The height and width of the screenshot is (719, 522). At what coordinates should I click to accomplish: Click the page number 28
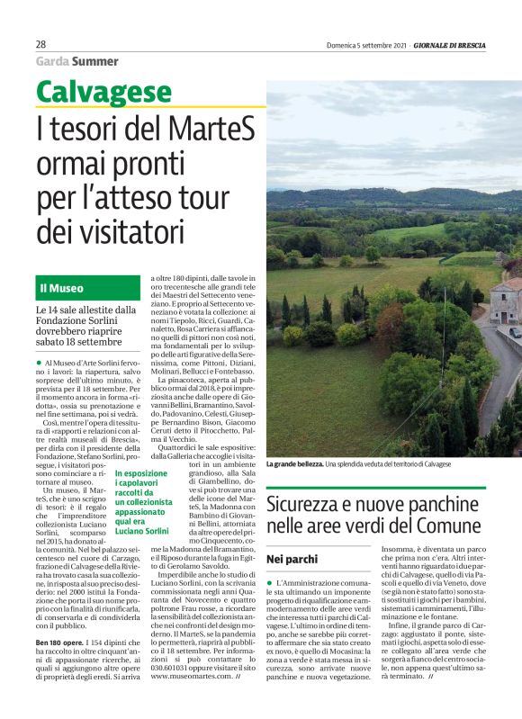point(41,44)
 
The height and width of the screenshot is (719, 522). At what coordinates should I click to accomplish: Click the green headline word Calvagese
point(104,92)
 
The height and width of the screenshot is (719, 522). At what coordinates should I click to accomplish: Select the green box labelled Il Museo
point(88,289)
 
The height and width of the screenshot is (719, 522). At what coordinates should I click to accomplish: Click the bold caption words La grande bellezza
point(294,463)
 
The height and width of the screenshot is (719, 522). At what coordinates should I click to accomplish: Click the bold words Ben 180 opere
point(61,643)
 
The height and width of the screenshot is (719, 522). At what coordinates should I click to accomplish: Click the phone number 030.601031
point(174,689)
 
